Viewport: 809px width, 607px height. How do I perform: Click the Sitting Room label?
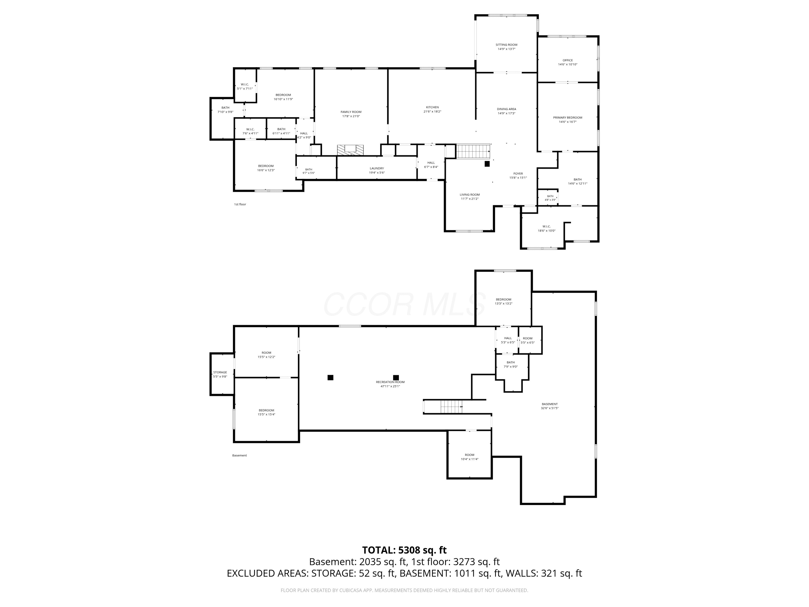coord(506,45)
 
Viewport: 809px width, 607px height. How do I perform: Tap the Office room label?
coord(568,60)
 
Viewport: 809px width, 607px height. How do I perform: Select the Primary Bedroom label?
coord(568,117)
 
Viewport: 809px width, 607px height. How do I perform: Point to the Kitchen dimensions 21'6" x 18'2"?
coord(432,112)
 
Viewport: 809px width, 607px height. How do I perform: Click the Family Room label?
coord(351,112)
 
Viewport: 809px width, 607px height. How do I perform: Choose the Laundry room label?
coord(377,168)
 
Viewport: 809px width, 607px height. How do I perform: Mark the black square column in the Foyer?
coord(487,164)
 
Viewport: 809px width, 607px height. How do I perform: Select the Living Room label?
coord(469,195)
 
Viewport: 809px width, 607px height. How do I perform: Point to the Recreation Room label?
coord(390,382)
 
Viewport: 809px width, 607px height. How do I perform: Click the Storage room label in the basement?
coord(220,373)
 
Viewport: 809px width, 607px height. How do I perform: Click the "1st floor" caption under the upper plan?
coord(240,204)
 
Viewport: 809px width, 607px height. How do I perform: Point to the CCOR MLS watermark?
coord(404,304)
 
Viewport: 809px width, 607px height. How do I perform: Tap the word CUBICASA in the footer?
coord(353,590)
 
